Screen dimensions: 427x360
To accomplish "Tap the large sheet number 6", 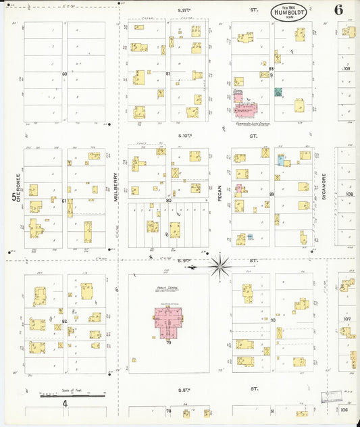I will [x=337, y=9].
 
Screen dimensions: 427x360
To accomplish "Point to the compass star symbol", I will [x=220, y=265].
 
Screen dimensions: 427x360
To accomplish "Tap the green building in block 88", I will [x=278, y=91].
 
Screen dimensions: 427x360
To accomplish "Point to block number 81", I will [x=168, y=74].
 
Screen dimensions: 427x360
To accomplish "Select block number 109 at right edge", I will [x=348, y=69].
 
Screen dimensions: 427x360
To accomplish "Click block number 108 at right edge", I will [x=349, y=194].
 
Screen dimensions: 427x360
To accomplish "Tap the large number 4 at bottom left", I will [x=65, y=404].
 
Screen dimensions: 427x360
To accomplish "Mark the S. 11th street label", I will [x=186, y=10].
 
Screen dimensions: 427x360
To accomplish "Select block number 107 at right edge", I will [x=348, y=318].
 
